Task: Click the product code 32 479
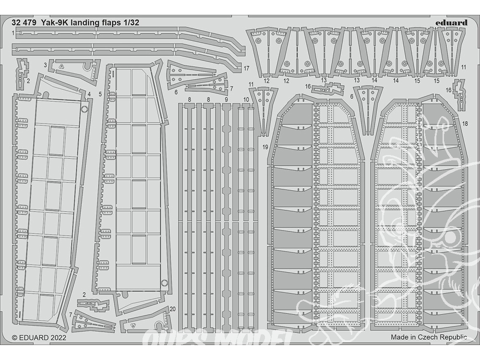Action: pyautogui.click(x=24, y=23)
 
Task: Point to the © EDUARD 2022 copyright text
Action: pyautogui.click(x=39, y=337)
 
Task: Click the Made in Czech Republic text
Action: pyautogui.click(x=429, y=337)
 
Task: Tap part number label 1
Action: pyautogui.click(x=13, y=33)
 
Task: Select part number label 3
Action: pyautogui.click(x=45, y=65)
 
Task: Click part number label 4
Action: pyautogui.click(x=89, y=94)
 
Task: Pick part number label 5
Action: pyautogui.click(x=100, y=94)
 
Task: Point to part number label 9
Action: pyautogui.click(x=226, y=99)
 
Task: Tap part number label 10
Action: pyautogui.click(x=246, y=99)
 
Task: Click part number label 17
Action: pyautogui.click(x=247, y=68)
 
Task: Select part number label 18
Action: pyautogui.click(x=465, y=124)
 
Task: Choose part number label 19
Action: pyautogui.click(x=265, y=147)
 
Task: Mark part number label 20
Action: pyautogui.click(x=172, y=309)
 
